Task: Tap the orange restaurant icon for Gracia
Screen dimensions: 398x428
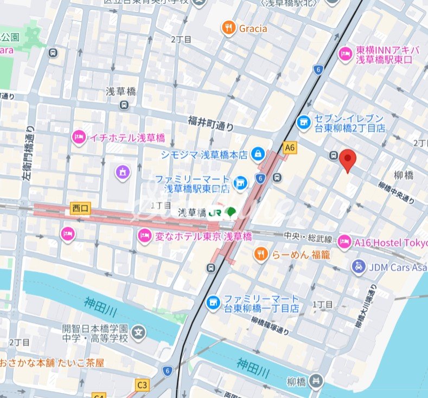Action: [228, 28]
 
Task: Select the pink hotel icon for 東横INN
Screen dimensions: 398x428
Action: [345, 54]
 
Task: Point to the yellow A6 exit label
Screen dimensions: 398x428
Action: [290, 147]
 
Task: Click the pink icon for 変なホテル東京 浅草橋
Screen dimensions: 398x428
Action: [144, 236]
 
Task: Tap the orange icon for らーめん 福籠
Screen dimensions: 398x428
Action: [261, 254]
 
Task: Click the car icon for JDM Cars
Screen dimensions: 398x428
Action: [357, 267]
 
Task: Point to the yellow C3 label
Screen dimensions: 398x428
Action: [142, 385]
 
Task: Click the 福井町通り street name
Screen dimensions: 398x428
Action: [211, 123]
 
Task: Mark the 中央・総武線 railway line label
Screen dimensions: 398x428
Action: [306, 237]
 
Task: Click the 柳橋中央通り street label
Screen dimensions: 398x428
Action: [397, 193]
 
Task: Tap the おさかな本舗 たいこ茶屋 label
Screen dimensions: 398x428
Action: [52, 362]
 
